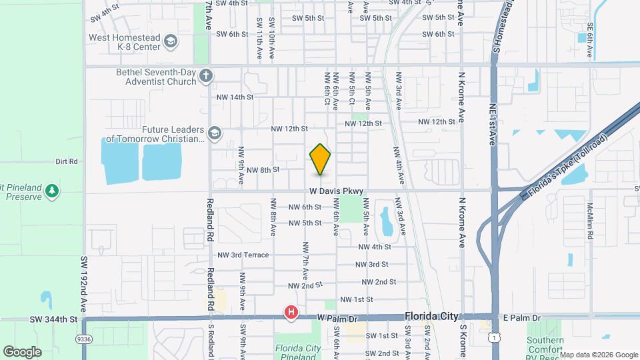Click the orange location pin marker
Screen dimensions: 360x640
click(320, 159)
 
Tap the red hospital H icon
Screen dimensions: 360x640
click(291, 312)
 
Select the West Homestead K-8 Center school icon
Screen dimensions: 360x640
click(171, 42)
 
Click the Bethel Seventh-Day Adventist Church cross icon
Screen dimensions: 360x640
click(206, 75)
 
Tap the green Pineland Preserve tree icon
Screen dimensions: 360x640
click(52, 192)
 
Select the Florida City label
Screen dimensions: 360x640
click(434, 318)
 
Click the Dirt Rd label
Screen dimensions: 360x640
click(67, 161)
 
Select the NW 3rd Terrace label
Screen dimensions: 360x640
click(243, 255)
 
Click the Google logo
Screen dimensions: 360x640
click(22, 351)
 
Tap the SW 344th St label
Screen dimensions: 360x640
click(53, 320)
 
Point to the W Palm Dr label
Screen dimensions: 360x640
click(337, 319)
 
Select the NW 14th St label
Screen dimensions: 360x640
click(235, 97)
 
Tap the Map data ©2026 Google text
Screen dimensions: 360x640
click(599, 354)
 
